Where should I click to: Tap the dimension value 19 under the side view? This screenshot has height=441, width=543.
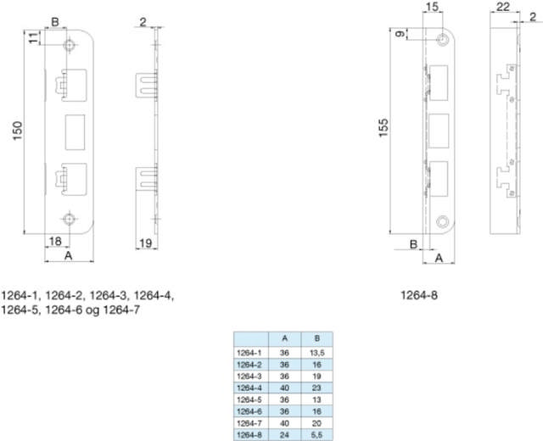[145, 244]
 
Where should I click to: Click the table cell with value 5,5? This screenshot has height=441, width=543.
[316, 434]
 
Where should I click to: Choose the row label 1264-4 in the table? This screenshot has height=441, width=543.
[249, 387]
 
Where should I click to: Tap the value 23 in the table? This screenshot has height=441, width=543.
[316, 387]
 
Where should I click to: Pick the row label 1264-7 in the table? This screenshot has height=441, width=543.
[249, 422]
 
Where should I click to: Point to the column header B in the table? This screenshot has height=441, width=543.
[316, 338]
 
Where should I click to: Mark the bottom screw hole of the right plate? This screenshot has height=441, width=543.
[442, 222]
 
